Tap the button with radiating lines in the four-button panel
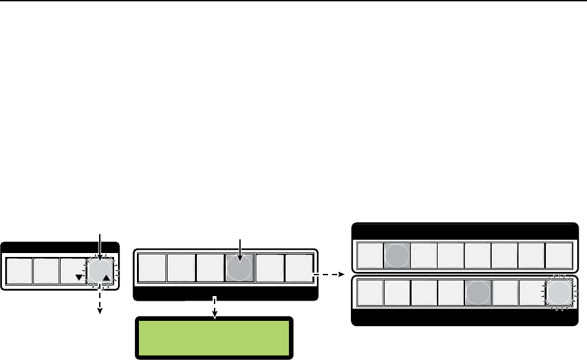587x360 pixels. coord(100,269)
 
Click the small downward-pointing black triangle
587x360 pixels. coord(79,277)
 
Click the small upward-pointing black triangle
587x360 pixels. coord(106,278)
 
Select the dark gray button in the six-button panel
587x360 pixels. coord(239,268)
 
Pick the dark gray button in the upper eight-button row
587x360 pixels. coord(396,256)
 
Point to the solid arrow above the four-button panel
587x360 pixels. coord(100,247)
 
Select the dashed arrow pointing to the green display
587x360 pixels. coord(213,308)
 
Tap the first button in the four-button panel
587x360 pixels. coord(19,270)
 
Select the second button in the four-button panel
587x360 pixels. coord(46,270)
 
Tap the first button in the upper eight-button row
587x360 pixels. coord(369,256)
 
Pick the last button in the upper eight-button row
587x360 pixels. coord(559,256)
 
